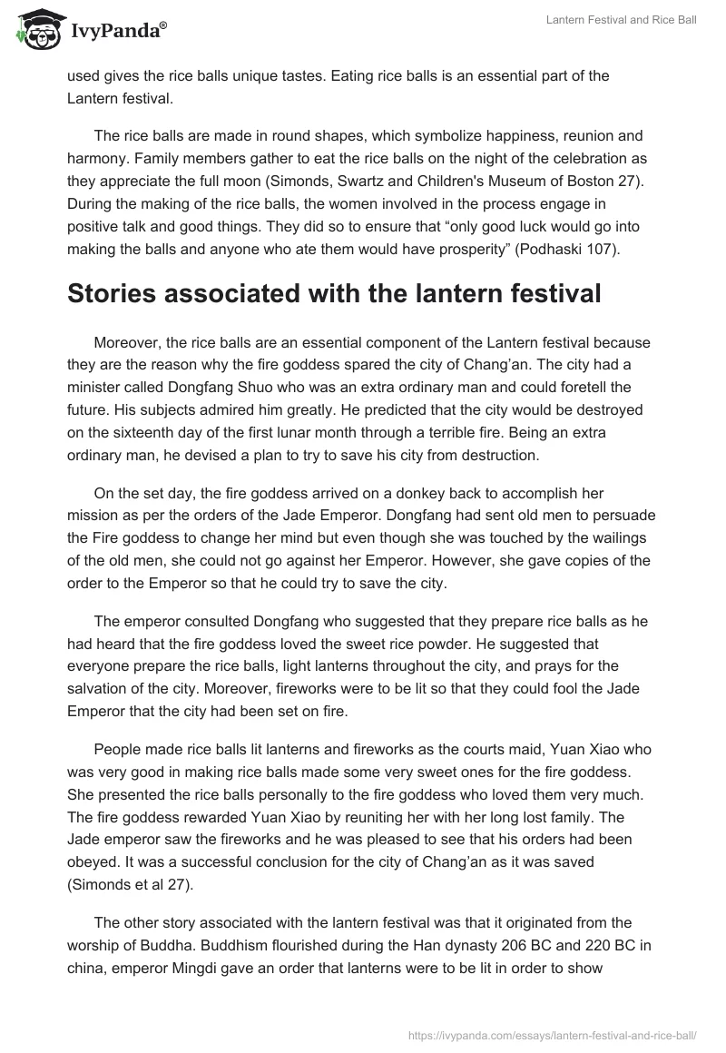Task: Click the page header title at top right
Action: click(x=622, y=20)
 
